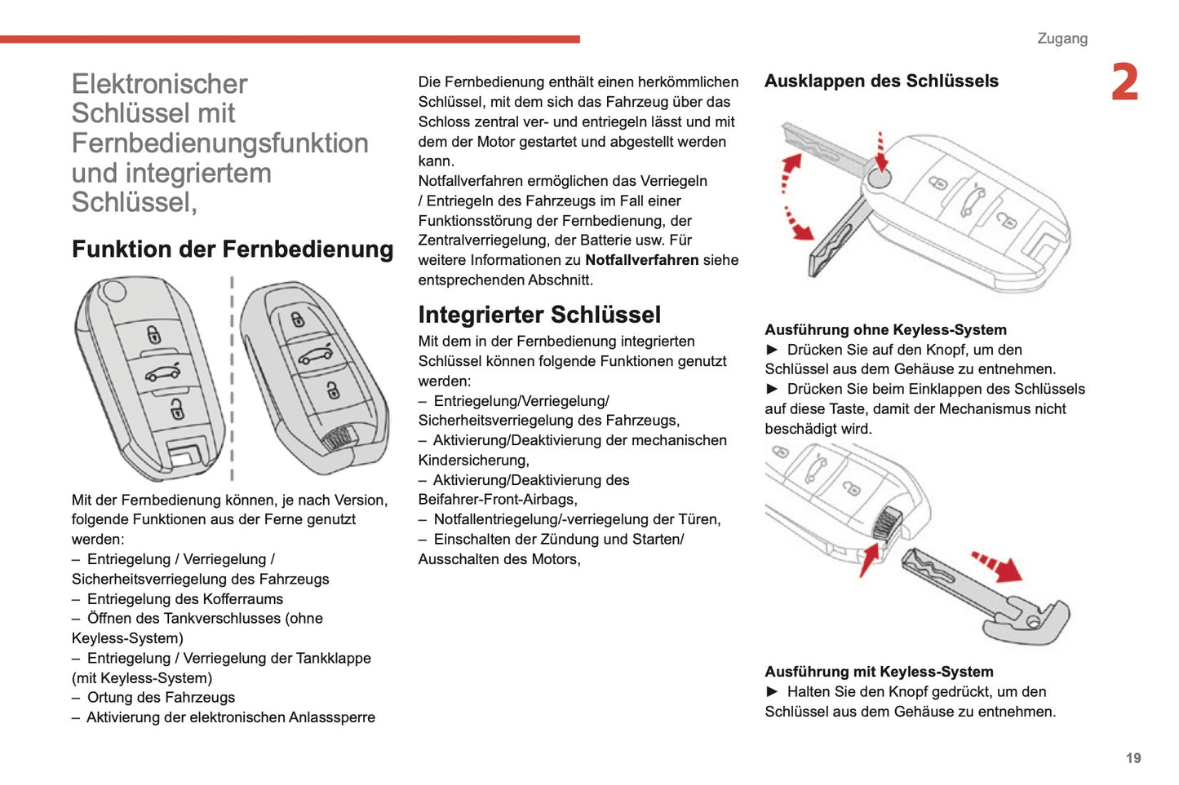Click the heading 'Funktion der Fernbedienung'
tap(233, 249)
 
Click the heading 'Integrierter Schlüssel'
tap(539, 315)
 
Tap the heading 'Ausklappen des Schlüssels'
tap(881, 82)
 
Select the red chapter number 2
tap(1124, 83)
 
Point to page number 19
tap(1133, 758)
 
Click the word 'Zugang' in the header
tap(1062, 38)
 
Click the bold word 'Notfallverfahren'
tap(641, 260)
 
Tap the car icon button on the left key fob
tap(163, 373)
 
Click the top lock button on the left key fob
tap(153, 334)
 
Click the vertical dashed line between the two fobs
tap(232, 379)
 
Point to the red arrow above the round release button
tap(880, 151)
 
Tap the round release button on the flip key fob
tap(878, 179)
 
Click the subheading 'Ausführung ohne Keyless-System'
tap(885, 330)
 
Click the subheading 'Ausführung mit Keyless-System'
tap(879, 672)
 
